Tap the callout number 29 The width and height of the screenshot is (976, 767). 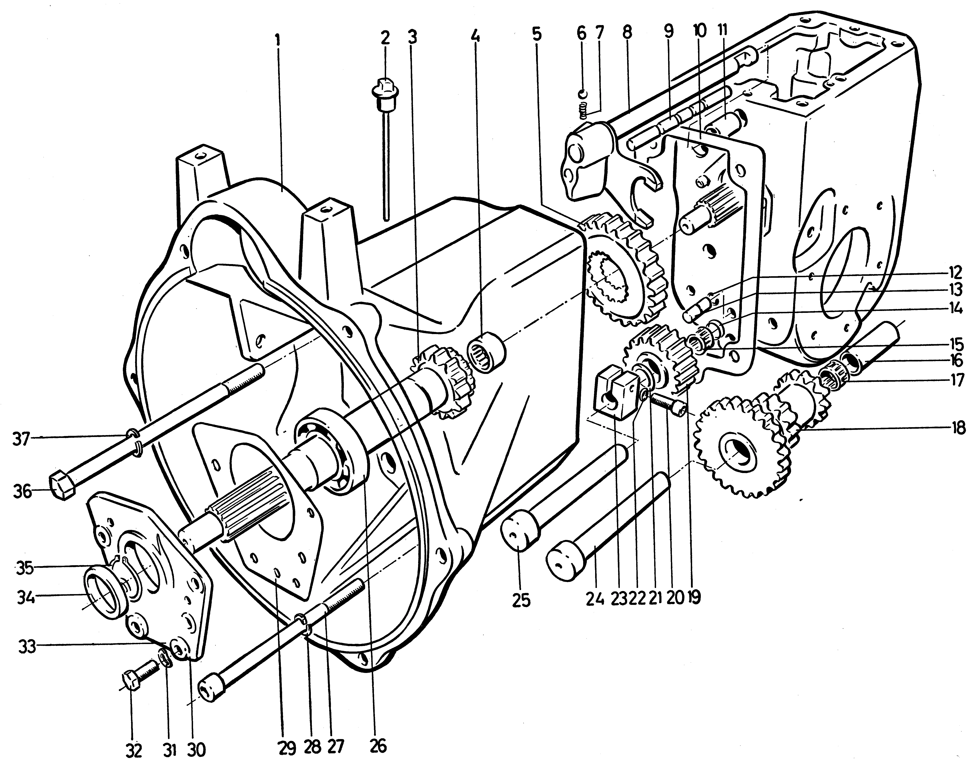(x=288, y=748)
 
